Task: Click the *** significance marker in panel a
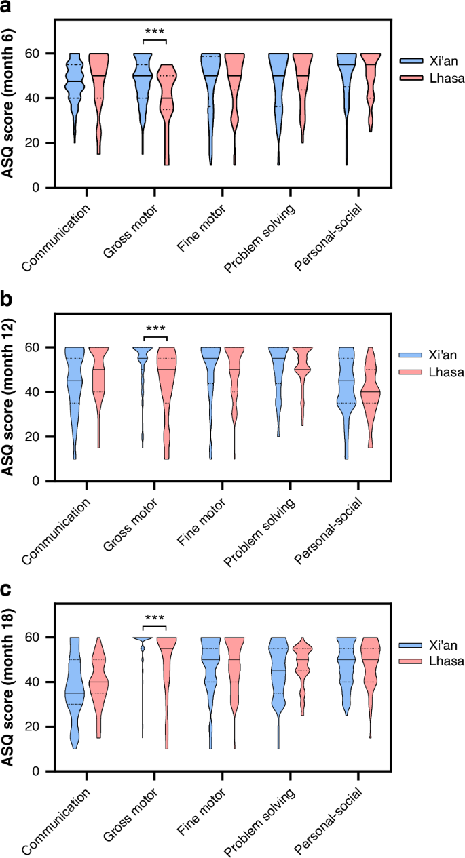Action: pyautogui.click(x=155, y=32)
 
